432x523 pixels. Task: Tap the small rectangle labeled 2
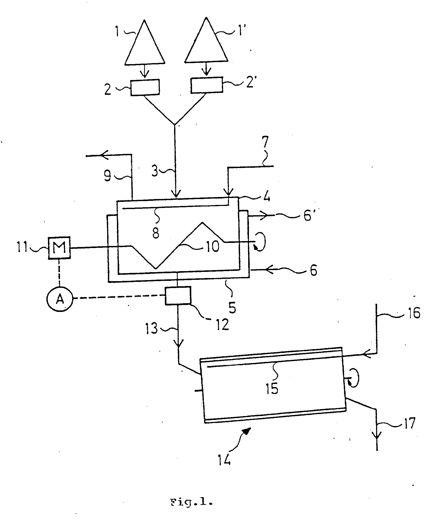(145, 88)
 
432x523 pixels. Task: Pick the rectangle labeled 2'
(207, 85)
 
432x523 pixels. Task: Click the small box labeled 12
(178, 295)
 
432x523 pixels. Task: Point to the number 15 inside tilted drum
(272, 388)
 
